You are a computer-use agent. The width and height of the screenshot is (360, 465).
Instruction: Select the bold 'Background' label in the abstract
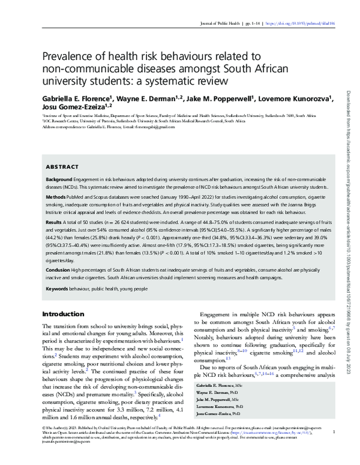click(61, 180)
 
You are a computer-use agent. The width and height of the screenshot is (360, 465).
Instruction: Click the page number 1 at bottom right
click(333, 448)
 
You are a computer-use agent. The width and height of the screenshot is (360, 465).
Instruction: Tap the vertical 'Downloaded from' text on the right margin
click(350, 120)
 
